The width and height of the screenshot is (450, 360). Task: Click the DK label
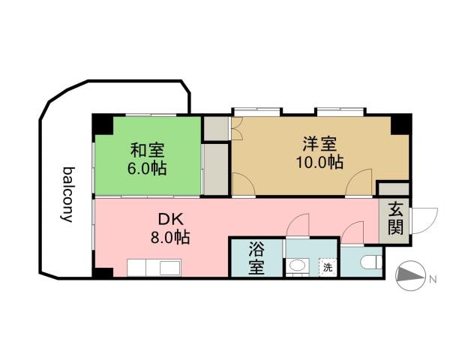pos(167,220)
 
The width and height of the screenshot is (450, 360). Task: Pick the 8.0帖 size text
pos(166,238)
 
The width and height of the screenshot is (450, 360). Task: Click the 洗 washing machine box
pos(327,266)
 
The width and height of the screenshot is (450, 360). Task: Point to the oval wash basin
pos(297,265)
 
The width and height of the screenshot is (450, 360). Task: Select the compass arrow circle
pos(408,276)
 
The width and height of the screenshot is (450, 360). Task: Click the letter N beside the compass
pos(433,280)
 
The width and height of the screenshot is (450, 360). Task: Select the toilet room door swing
pos(351,232)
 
